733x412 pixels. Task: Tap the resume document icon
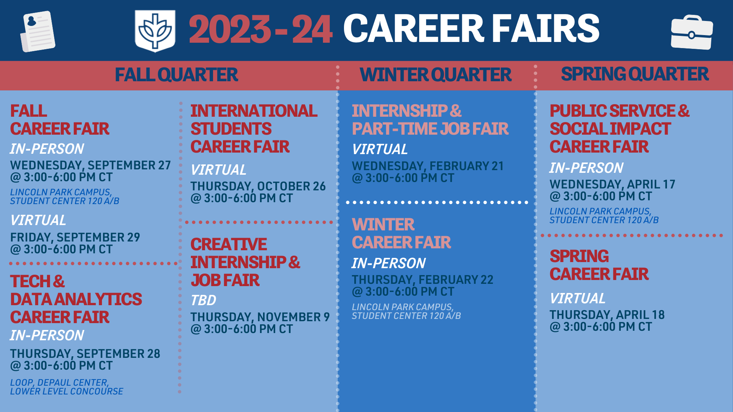38,31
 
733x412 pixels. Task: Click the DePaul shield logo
155,31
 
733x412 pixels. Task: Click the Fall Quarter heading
176,75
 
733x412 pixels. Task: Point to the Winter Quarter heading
436,75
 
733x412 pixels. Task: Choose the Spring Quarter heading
635,74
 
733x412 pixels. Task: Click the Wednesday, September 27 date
90,165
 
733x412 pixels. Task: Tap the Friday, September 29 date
75,237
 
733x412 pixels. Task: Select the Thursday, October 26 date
258,186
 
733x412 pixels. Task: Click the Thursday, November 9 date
260,317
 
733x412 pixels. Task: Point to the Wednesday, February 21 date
428,166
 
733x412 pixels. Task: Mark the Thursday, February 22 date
423,280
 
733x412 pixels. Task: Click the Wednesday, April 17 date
612,184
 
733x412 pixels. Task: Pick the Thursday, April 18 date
607,315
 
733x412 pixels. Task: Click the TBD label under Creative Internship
203,301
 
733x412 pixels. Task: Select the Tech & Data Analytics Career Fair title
76,299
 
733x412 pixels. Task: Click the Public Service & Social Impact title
620,129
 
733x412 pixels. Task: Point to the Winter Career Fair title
402,233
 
